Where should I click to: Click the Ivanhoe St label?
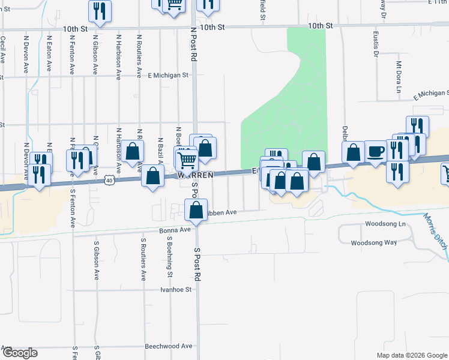[x=175, y=289]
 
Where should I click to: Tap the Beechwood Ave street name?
[x=169, y=346]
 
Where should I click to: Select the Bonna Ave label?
[x=175, y=230]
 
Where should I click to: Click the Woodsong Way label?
[x=374, y=242]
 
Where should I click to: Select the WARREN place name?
[x=195, y=176]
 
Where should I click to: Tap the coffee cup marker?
[x=376, y=152]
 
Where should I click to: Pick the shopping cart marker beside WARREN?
[x=187, y=160]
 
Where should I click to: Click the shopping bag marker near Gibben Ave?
[x=196, y=210]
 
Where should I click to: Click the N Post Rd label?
[x=193, y=45]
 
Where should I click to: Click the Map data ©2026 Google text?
[x=412, y=355]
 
